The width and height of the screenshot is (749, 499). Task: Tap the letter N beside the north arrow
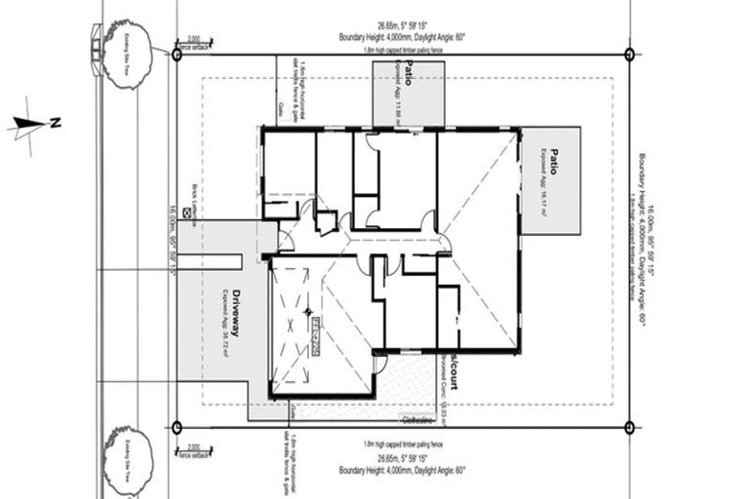(x=56, y=123)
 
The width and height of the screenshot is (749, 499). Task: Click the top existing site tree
(x=126, y=52)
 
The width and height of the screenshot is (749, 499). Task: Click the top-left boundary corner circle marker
(x=177, y=55)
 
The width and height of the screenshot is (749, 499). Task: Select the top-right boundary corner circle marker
(x=629, y=55)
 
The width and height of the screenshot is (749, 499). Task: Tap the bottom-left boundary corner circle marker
(x=177, y=426)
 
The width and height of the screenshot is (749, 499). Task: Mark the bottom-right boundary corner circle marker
(x=629, y=426)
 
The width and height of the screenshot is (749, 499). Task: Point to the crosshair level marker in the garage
(x=308, y=312)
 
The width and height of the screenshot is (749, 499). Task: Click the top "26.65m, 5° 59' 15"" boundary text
(x=403, y=26)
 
